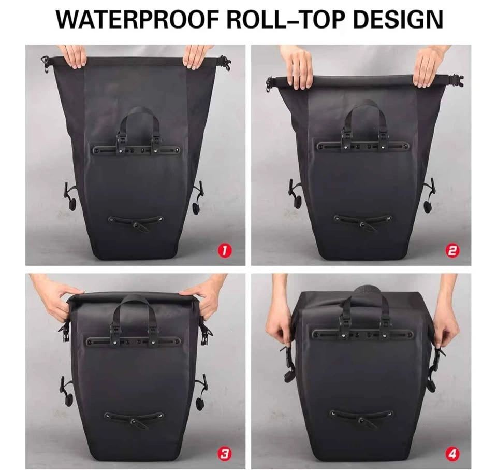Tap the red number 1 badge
pyautogui.click(x=224, y=251)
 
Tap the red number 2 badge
pyautogui.click(x=452, y=251)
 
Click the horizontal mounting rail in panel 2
pyautogui.click(x=363, y=147)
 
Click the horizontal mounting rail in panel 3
pyautogui.click(x=134, y=342)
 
